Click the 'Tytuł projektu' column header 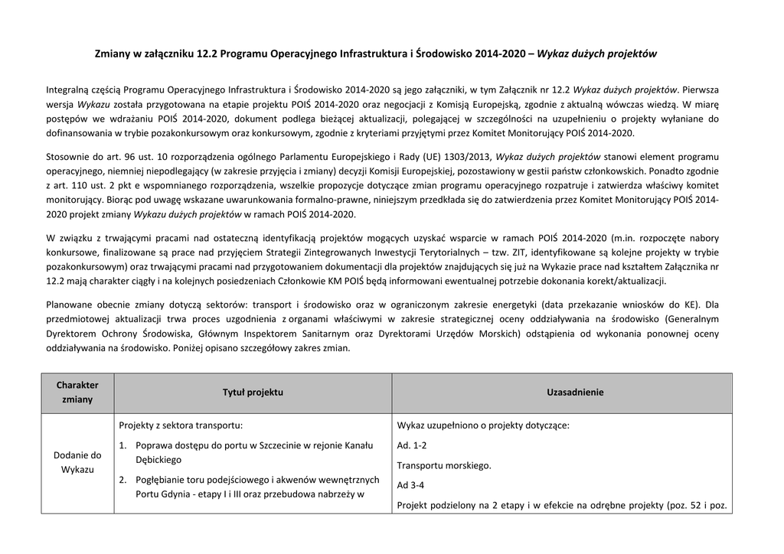tap(253, 392)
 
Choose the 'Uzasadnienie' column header tap(575, 392)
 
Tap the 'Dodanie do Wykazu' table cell tap(78, 461)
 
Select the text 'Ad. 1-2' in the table tap(412, 445)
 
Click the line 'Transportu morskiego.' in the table tap(444, 465)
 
